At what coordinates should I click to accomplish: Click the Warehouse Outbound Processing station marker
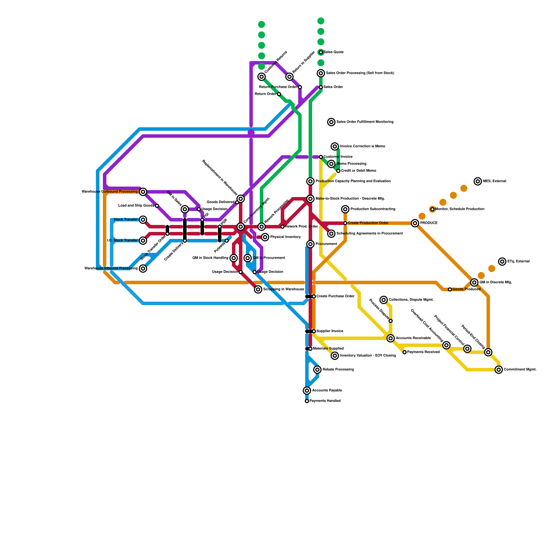[143, 192]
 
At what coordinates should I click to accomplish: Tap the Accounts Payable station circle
[307, 391]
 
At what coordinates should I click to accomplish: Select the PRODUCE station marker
[415, 223]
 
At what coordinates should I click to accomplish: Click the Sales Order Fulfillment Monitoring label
[365, 122]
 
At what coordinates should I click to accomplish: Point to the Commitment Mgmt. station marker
[499, 370]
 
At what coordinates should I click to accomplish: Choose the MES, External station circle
[478, 181]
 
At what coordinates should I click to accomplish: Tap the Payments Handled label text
[325, 401]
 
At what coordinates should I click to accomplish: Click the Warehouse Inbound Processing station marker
[143, 269]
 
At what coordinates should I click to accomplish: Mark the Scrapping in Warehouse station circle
[258, 289]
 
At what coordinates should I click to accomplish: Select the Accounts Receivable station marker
[391, 338]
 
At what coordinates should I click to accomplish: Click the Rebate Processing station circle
[317, 370]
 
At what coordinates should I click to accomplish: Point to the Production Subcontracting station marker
[345, 209]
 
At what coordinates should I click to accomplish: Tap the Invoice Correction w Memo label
[362, 146]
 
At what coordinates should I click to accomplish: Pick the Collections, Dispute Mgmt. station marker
[384, 300]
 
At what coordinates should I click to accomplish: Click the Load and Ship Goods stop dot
[157, 206]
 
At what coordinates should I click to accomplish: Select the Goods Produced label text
[466, 289]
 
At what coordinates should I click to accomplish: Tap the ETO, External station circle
[502, 262]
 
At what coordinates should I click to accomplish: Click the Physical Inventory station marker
[265, 237]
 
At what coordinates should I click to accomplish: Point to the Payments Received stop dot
[405, 352]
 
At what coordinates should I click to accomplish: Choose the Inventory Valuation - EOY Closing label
[368, 356]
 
